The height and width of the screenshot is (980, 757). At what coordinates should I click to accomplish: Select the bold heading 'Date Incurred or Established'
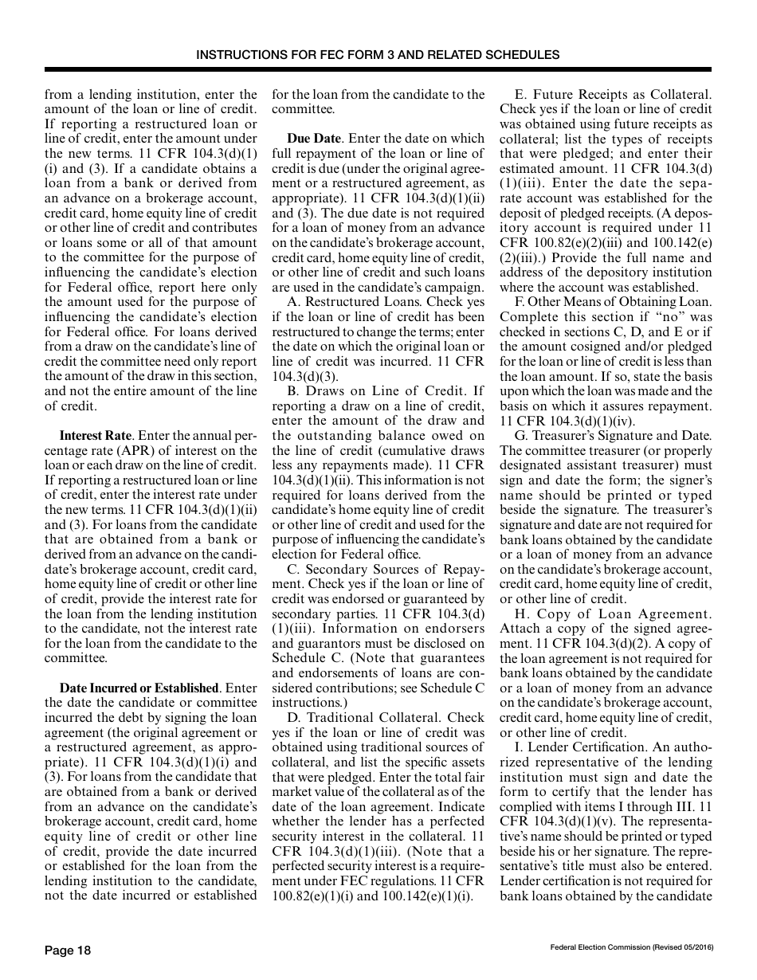(139, 688)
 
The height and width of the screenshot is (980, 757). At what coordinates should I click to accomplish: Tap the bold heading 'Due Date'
(313, 138)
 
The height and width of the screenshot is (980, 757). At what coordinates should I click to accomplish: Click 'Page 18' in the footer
(68, 950)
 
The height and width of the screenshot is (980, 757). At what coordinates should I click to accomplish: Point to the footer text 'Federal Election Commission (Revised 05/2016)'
(631, 947)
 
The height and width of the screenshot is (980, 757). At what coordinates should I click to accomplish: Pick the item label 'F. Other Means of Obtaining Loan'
(614, 303)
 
